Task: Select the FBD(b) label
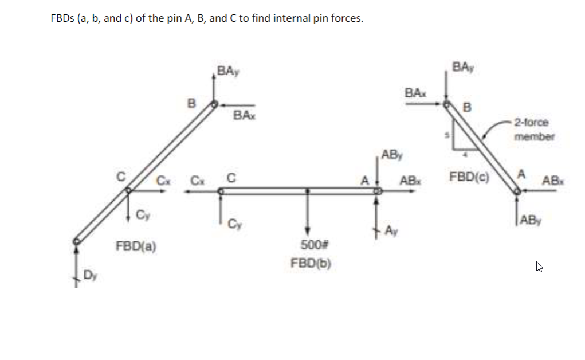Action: pyautogui.click(x=311, y=264)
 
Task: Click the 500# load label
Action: pyautogui.click(x=310, y=245)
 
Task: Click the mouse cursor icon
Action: pyautogui.click(x=539, y=267)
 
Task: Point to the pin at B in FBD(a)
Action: pyautogui.click(x=213, y=105)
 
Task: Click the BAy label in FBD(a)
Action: pyautogui.click(x=229, y=72)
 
